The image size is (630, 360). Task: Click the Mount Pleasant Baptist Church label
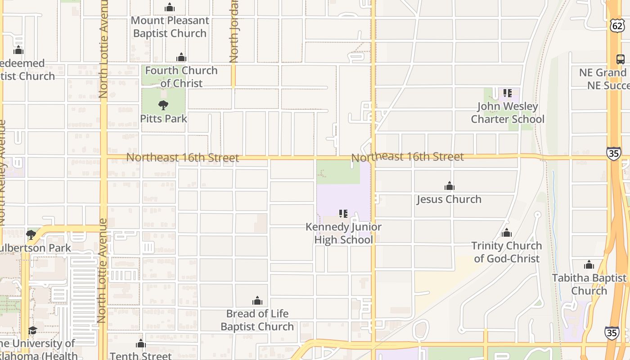(x=170, y=27)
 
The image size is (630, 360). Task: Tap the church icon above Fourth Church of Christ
(x=181, y=57)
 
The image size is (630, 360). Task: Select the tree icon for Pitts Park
(x=163, y=105)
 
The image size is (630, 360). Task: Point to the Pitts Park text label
(x=163, y=119)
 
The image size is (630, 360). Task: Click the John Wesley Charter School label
(x=508, y=113)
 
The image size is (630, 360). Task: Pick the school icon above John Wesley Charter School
(x=508, y=93)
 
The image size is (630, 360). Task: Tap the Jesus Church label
(x=449, y=199)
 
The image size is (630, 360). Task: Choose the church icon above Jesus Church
(x=449, y=186)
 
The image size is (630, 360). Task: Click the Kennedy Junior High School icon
(x=343, y=213)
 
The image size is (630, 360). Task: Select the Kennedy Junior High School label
(x=343, y=233)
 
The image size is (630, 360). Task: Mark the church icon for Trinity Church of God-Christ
(x=507, y=233)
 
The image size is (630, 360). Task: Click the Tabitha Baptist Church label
(x=589, y=284)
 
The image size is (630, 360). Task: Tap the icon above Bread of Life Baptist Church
(x=257, y=301)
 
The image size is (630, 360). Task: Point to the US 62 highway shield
(x=618, y=26)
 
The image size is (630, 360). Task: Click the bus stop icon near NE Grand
(x=620, y=59)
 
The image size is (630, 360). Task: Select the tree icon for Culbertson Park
(x=31, y=234)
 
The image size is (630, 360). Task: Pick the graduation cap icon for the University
(x=32, y=331)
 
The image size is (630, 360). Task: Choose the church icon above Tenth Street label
(x=141, y=344)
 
